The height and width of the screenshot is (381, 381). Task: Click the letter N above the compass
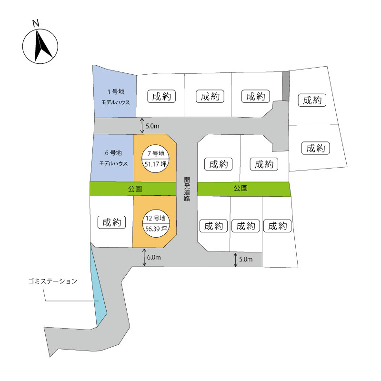point(36,23)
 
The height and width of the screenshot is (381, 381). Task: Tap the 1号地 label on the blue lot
point(116,91)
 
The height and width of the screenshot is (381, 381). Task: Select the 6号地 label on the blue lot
point(113,153)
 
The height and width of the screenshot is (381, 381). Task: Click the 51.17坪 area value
point(156,164)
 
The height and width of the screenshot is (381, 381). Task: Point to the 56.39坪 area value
point(156,229)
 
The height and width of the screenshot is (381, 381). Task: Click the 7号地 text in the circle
point(156,153)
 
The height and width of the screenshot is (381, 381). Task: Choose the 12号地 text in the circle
point(156,218)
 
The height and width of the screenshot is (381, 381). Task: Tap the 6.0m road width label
point(154,257)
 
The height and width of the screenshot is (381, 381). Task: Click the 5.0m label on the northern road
point(152,126)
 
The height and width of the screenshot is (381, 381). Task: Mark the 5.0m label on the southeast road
point(246,259)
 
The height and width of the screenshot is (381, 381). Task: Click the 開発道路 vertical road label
point(187,189)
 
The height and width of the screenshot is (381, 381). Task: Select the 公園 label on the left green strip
point(135,189)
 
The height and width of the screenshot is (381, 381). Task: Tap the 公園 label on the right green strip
point(241,188)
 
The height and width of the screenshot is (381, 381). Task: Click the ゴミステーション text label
point(53,281)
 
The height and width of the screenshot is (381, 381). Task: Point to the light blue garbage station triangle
point(98,291)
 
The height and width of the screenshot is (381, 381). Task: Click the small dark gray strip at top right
point(286,86)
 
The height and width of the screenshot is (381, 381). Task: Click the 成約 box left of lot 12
point(111,222)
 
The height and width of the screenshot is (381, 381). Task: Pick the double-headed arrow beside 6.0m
point(144,257)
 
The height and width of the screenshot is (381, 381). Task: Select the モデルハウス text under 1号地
point(116,102)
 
